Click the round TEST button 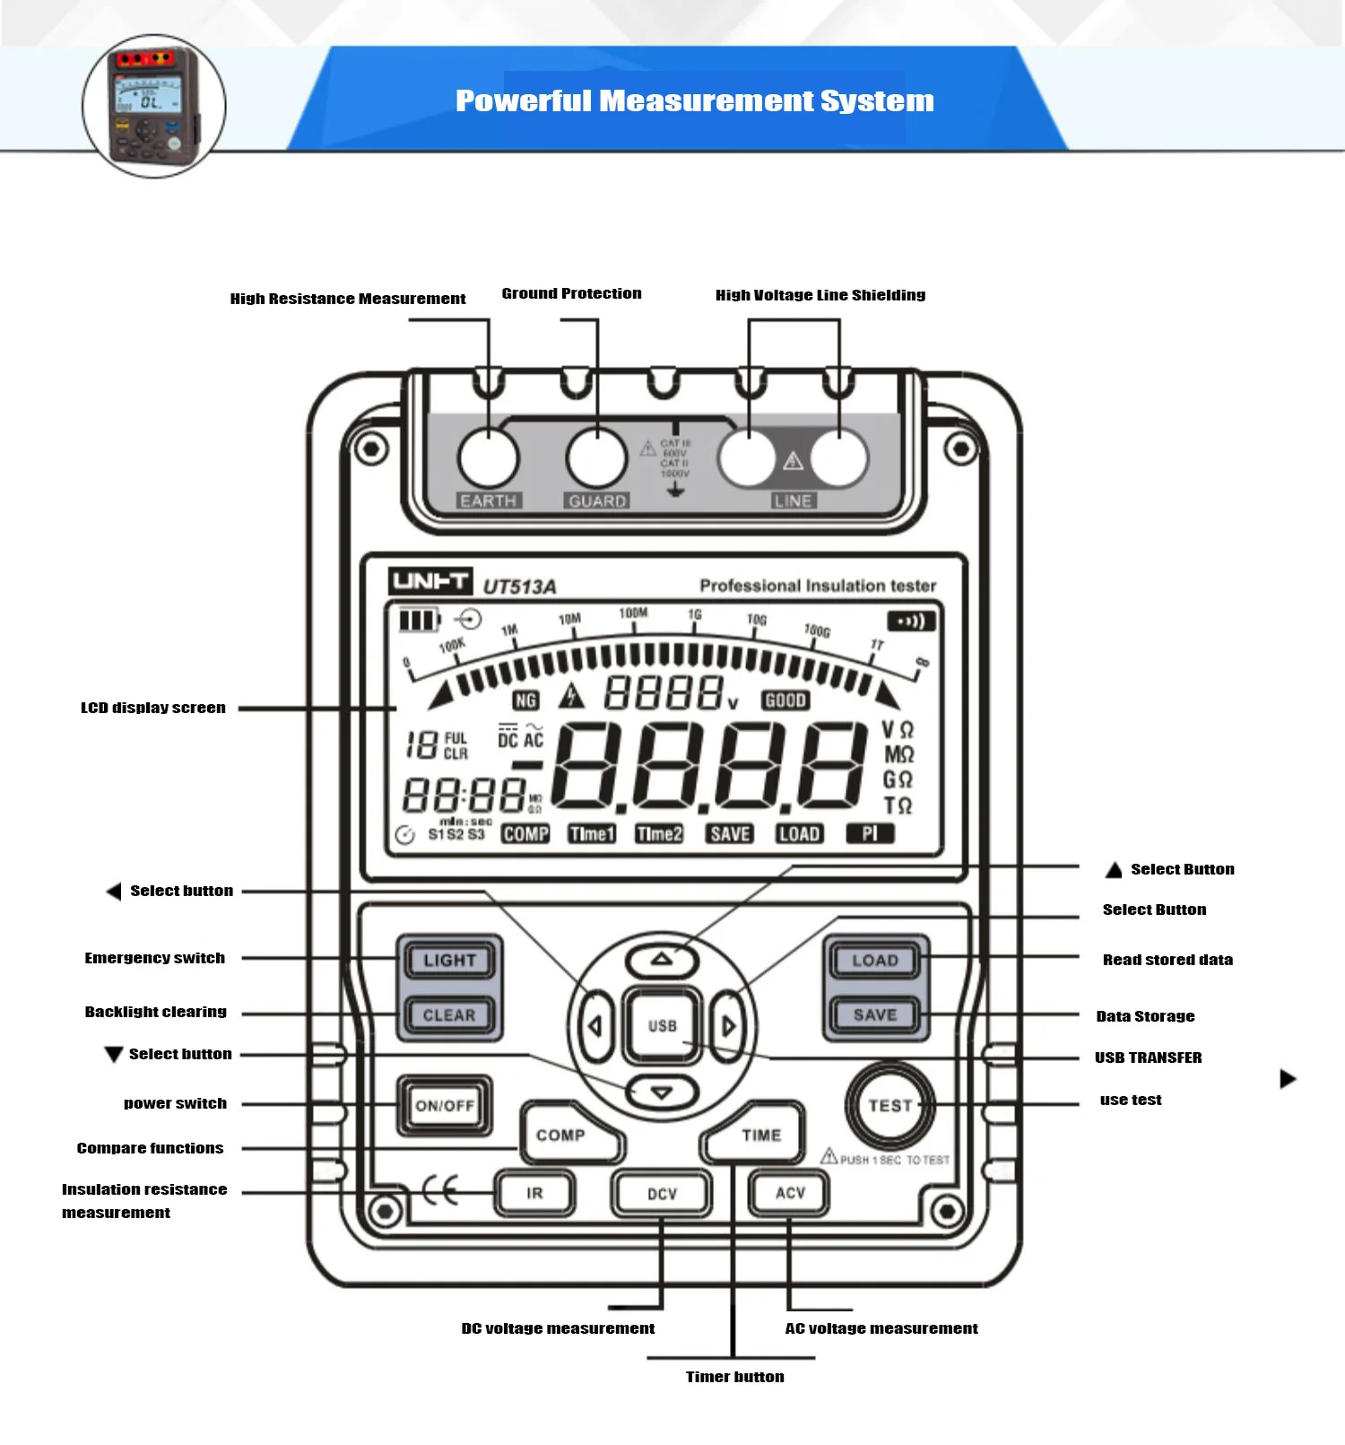pos(889,1105)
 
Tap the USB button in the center pos(662,1025)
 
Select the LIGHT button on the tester pos(449,960)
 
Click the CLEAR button pos(449,1014)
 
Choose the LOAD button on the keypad pos(874,960)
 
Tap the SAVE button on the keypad pos(874,1014)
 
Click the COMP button pos(563,1136)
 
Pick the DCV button pos(662,1194)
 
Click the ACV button pos(790,1193)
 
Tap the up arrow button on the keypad pos(662,960)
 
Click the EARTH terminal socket pos(489,457)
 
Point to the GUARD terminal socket pos(596,457)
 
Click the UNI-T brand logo pos(430,581)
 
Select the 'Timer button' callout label pos(734,1377)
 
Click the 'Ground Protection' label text pos(571,293)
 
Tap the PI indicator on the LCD pos(870,834)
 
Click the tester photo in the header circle pos(153,106)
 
